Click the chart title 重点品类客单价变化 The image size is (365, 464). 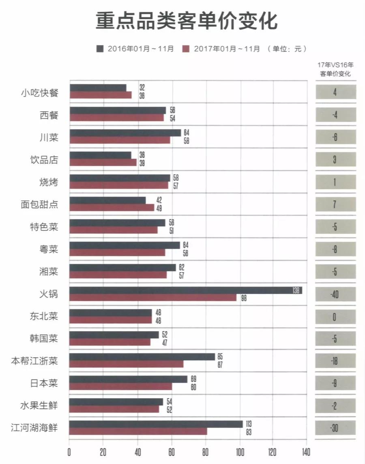[x=187, y=21]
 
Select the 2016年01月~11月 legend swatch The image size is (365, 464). [x=100, y=49]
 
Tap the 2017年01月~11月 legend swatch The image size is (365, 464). [x=186, y=49]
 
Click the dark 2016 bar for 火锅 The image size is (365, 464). [x=185, y=290]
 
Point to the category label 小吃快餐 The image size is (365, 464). [x=39, y=93]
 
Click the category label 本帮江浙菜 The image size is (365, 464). [x=34, y=361]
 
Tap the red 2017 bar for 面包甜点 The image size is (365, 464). [x=112, y=208]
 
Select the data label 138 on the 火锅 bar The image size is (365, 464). [x=296, y=291]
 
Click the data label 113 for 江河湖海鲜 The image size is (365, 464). [x=249, y=424]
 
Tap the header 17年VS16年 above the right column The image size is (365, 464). [x=335, y=65]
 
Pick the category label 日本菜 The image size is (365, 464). [x=44, y=383]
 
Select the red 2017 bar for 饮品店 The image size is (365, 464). [x=103, y=163]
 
